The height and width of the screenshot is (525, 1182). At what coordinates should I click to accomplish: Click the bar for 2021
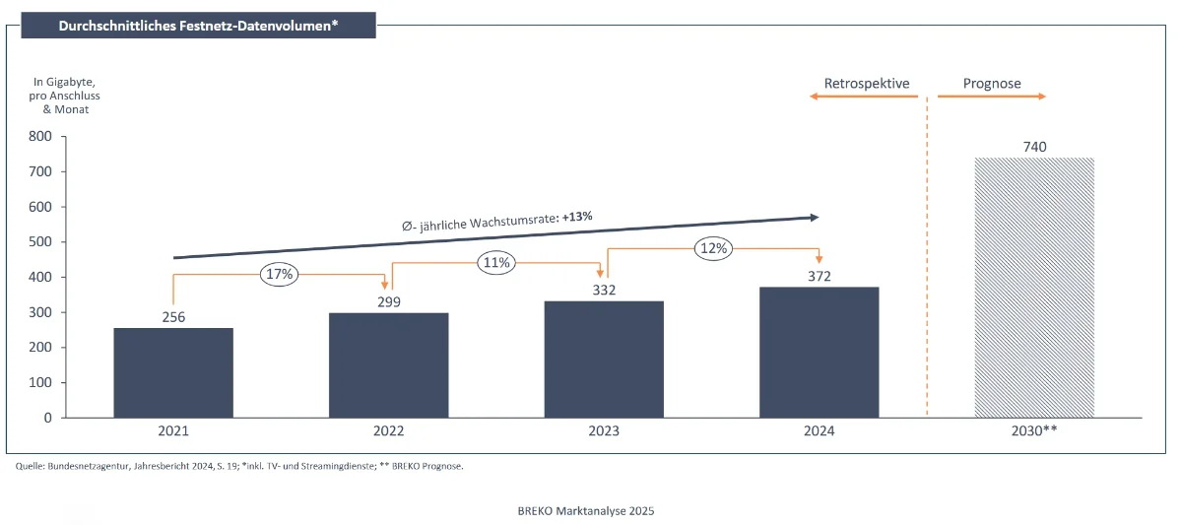coord(173,372)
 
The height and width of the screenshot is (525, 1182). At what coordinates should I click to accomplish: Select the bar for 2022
coord(389,364)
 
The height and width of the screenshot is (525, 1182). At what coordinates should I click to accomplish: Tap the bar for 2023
coord(604,359)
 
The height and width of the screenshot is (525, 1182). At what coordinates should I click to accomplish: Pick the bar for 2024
coord(820,352)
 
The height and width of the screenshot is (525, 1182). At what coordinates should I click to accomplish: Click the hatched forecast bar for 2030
coord(1034,287)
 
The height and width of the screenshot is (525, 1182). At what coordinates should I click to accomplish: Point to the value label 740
coord(1034,147)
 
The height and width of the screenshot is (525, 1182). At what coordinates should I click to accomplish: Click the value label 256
coord(173,317)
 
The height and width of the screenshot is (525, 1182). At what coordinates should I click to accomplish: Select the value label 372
coord(820,277)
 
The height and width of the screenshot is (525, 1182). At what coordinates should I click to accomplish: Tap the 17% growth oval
coord(280,275)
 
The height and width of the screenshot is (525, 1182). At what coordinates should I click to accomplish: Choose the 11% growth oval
coord(495,263)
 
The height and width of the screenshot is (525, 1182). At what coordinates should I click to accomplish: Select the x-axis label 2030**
coord(1034,431)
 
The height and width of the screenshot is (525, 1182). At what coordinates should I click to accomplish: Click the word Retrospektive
coord(867,84)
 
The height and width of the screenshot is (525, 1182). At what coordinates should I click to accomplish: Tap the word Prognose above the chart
coord(992,84)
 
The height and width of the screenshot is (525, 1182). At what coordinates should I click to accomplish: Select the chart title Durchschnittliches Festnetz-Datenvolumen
coord(198,25)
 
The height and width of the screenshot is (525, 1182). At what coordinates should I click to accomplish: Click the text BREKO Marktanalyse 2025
coord(585,511)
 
